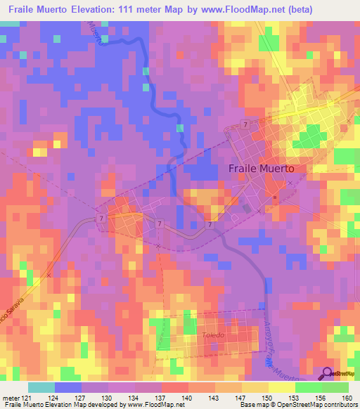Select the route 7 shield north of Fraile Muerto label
pos(244,124)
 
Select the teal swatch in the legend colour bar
pos(41,387)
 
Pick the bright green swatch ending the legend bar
pos(335,387)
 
